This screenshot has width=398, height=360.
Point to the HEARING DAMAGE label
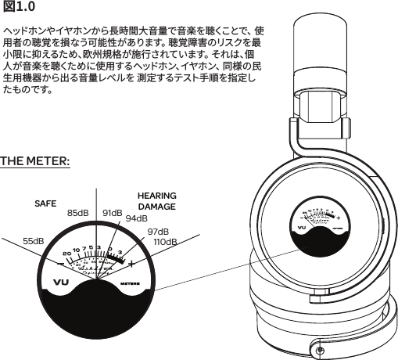[156, 200]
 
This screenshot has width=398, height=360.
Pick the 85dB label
[80, 213]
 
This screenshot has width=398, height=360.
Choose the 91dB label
[113, 213]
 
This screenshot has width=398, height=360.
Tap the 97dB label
[159, 232]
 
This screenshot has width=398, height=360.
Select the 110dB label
[166, 243]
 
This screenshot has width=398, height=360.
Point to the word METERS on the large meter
[131, 282]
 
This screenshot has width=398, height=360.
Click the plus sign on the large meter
[131, 262]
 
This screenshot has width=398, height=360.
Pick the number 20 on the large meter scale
[66, 253]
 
